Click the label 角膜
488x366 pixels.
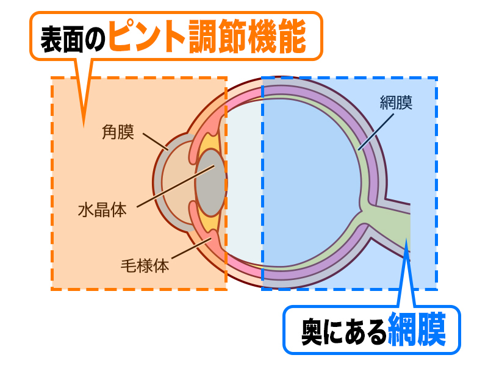coord(118,132)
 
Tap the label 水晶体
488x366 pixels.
coord(102,210)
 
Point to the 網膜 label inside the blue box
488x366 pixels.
coord(395,102)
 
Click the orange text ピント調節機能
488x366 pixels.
coord(207,37)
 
